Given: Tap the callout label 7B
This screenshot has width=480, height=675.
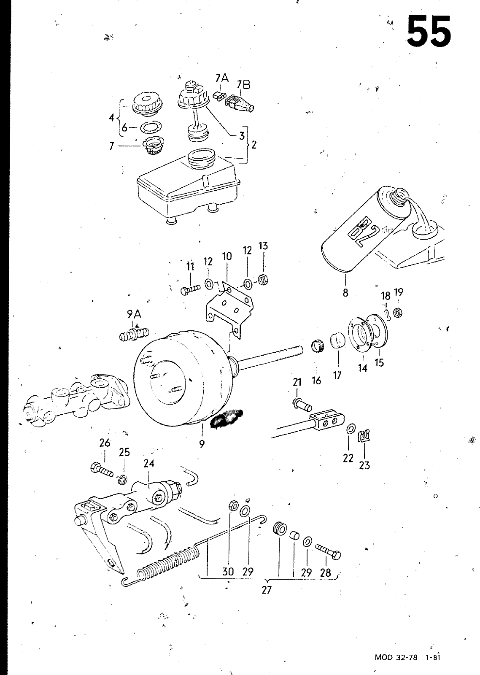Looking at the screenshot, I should (x=243, y=85).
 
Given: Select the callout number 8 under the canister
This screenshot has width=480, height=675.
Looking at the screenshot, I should (x=345, y=292).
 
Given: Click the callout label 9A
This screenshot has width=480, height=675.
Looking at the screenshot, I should (x=134, y=314).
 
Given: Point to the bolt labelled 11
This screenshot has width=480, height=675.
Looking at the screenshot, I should (x=191, y=290).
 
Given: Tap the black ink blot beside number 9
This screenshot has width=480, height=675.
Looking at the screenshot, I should (x=227, y=418).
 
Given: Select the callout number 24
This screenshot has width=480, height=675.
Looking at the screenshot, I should (x=149, y=464).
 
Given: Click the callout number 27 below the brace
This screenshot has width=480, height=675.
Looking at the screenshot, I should (x=266, y=590).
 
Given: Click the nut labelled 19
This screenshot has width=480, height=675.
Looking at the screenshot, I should (x=397, y=312).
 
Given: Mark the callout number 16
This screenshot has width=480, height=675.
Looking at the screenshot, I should (x=316, y=381).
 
